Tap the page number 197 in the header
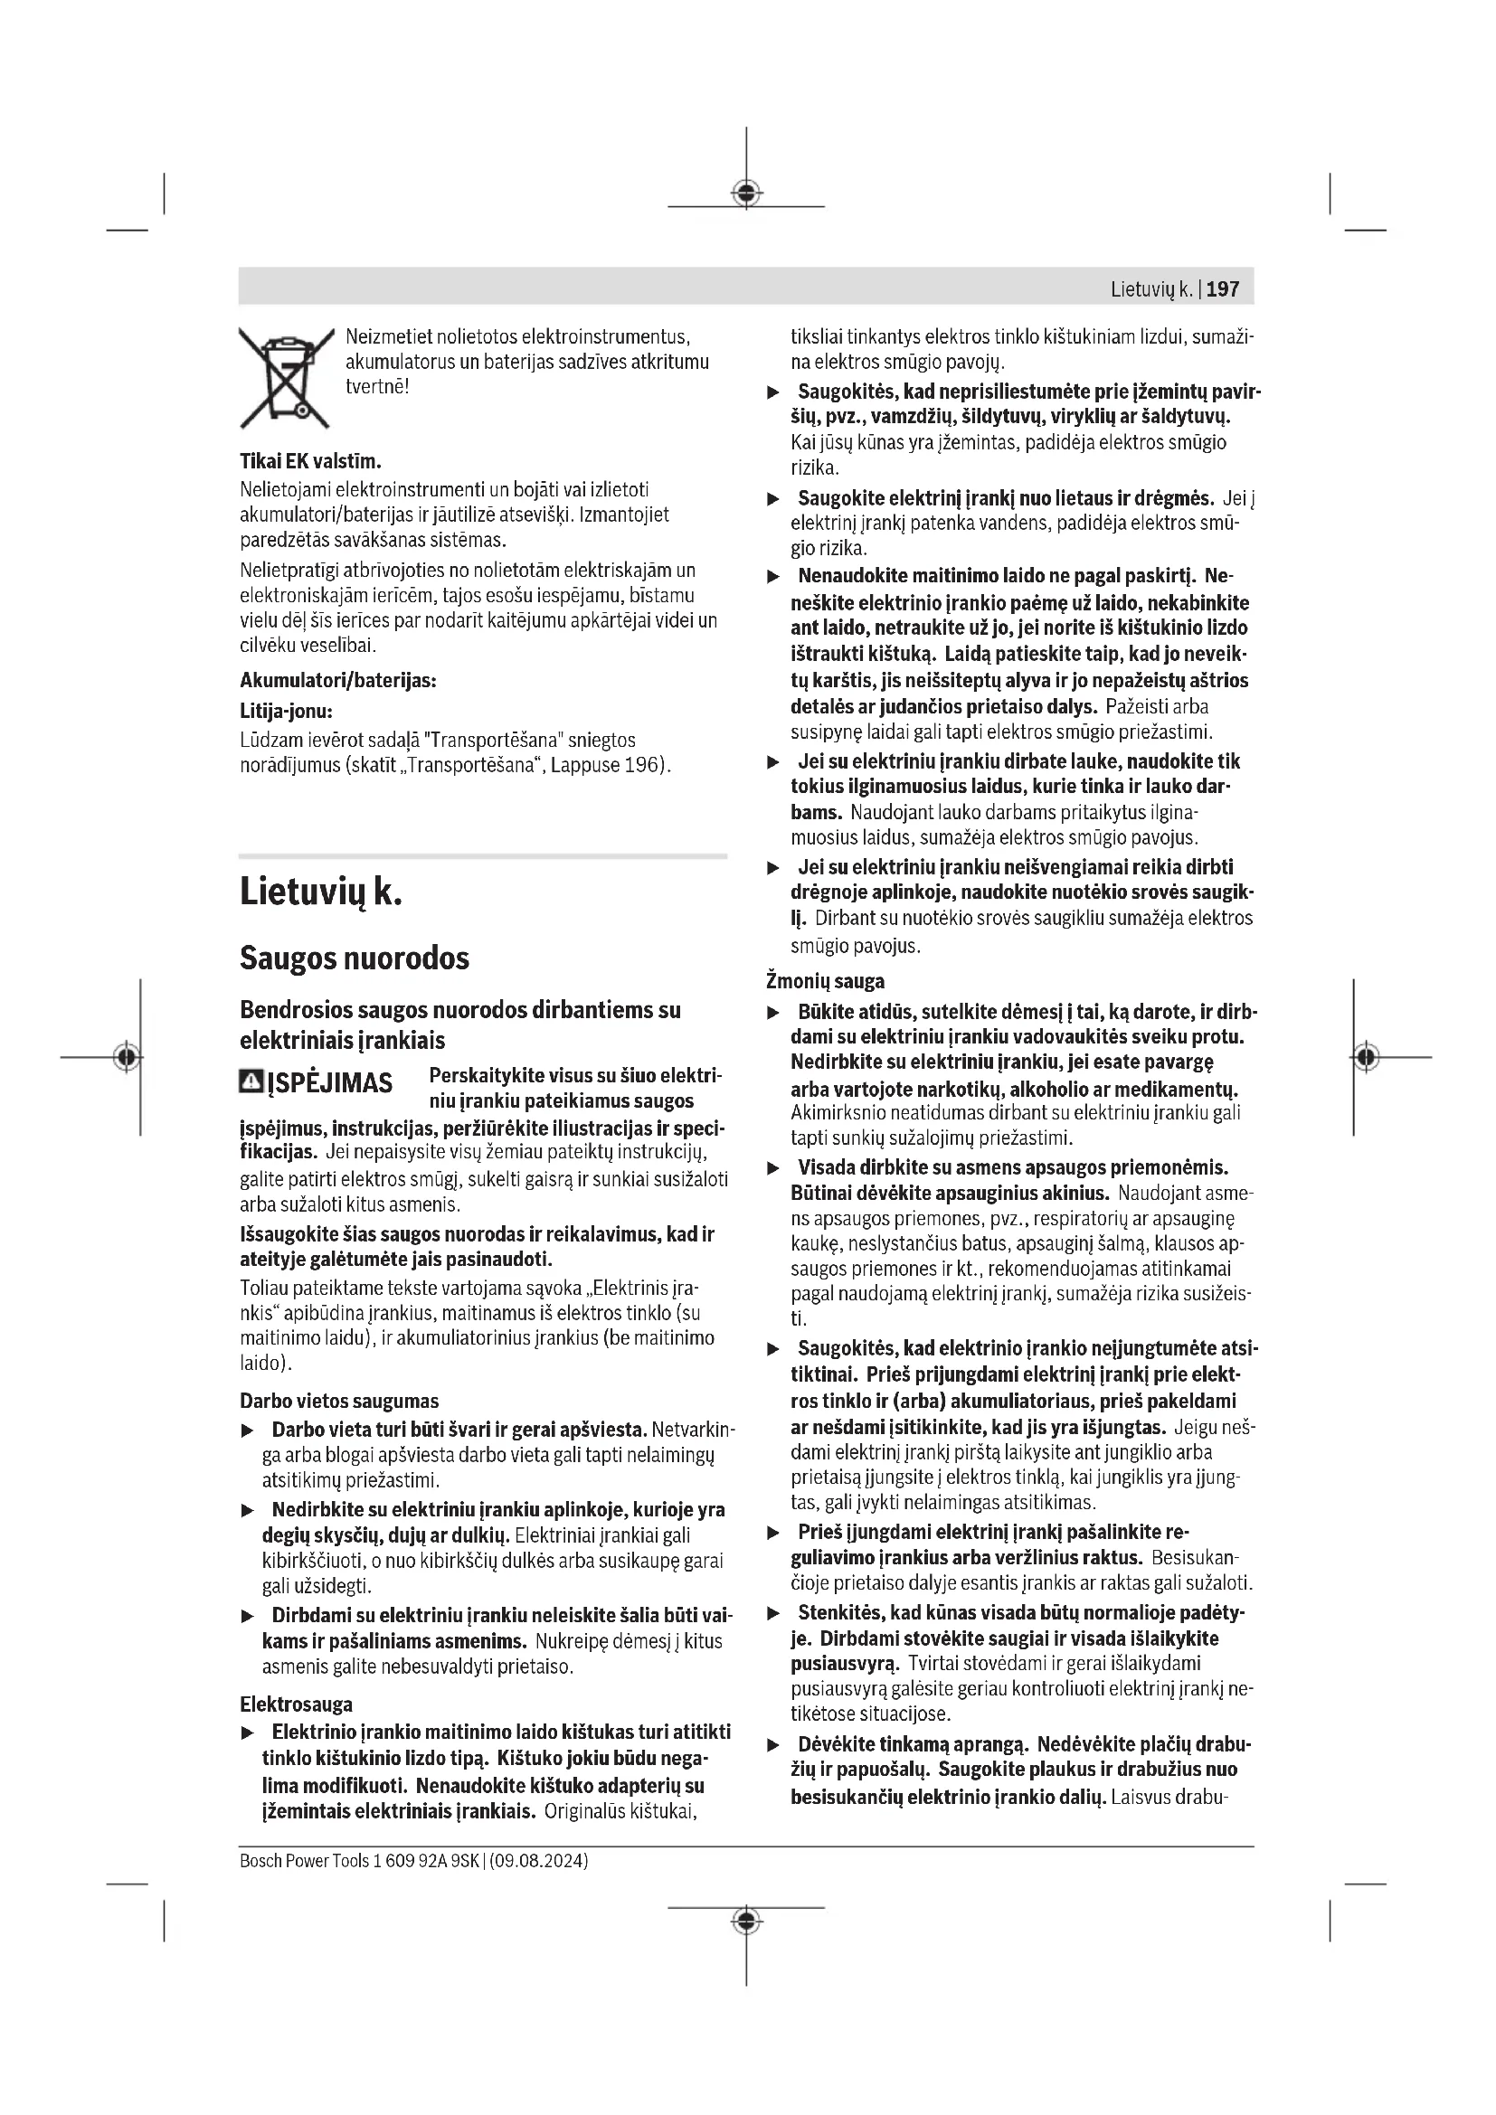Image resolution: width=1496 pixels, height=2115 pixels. pos(1223,289)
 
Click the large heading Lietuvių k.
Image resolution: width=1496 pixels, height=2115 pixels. pos(320,892)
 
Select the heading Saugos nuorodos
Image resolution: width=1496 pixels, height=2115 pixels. pos(355,958)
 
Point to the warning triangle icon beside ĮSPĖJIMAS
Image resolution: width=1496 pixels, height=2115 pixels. pos(251,1081)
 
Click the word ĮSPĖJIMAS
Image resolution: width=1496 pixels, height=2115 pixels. pos(330,1082)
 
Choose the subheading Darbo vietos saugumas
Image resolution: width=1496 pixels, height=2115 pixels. pos(339,1401)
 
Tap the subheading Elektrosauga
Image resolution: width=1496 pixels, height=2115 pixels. pos(296,1704)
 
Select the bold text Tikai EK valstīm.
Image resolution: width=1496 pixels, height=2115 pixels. pos(310,460)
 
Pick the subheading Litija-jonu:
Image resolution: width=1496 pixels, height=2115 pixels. pos(286,711)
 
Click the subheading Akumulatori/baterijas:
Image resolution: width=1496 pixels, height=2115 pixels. pos(338,681)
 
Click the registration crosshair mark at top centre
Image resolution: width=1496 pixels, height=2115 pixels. pos(746,193)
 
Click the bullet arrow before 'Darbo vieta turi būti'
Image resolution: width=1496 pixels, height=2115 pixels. pos(247,1431)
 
